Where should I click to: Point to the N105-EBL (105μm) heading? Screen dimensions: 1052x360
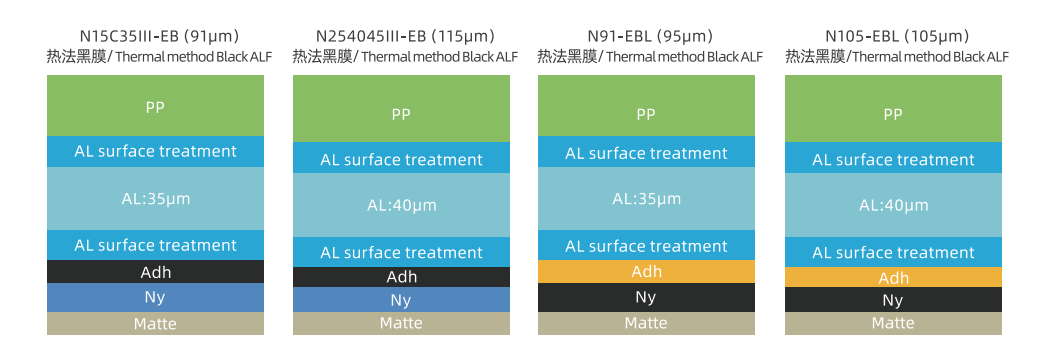click(897, 36)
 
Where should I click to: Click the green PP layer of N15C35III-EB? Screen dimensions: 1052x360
click(155, 106)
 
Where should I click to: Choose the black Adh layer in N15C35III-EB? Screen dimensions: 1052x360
click(155, 272)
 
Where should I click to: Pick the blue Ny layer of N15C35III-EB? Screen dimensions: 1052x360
click(155, 298)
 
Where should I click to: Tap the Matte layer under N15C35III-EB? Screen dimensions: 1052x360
click(155, 324)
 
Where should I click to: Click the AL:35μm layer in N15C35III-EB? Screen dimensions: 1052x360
click(155, 198)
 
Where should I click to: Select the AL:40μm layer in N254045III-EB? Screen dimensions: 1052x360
click(401, 205)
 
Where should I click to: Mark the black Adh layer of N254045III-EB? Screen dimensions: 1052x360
click(401, 277)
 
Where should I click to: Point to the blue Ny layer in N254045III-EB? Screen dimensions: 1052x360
click(401, 300)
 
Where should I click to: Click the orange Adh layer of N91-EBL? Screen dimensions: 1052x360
click(646, 272)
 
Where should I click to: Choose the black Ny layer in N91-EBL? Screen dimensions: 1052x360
click(646, 298)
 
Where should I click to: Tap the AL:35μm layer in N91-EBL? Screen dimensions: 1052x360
click(646, 198)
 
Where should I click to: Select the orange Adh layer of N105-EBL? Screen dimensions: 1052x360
click(893, 277)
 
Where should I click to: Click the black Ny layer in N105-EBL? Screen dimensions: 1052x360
click(893, 300)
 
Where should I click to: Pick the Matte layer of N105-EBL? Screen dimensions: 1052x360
click(893, 324)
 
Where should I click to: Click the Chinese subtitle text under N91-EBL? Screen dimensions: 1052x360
click(567, 56)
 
